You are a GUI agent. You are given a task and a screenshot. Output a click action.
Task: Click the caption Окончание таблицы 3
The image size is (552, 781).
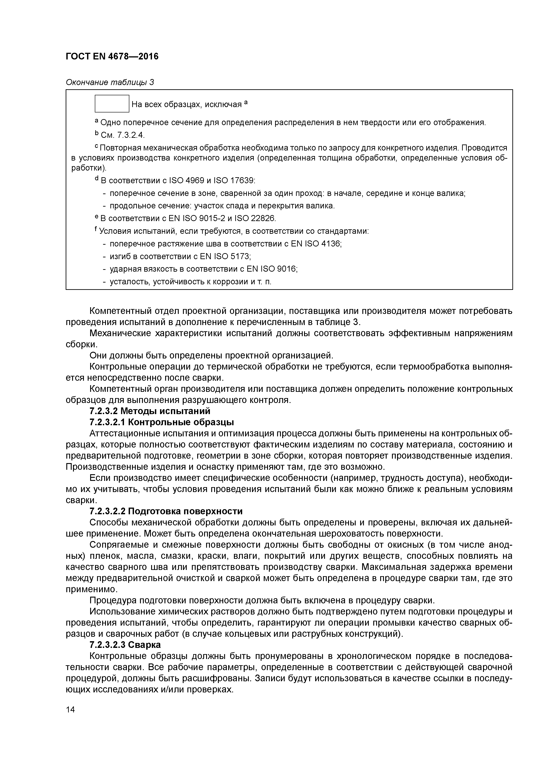[x=110, y=82]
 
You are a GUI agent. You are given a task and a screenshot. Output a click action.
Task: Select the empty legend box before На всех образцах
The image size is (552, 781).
[x=112, y=104]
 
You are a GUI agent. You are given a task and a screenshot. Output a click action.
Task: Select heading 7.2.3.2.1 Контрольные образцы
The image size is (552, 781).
[x=162, y=423]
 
